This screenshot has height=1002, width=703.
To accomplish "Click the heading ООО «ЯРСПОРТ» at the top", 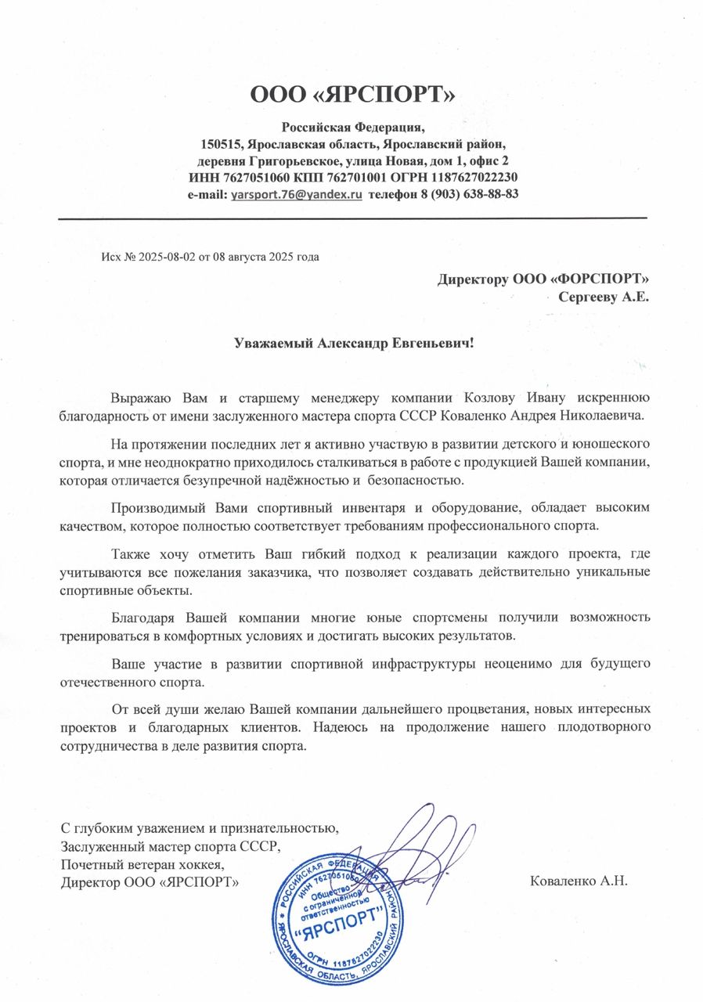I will (351, 95).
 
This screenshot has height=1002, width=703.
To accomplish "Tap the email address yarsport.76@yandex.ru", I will (296, 193).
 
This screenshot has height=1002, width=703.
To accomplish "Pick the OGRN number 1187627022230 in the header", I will (474, 177).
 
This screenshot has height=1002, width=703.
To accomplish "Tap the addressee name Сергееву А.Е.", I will (604, 296).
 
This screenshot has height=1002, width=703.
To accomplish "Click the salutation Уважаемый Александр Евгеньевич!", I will (355, 344).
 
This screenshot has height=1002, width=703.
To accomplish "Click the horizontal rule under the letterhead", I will (352, 218).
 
